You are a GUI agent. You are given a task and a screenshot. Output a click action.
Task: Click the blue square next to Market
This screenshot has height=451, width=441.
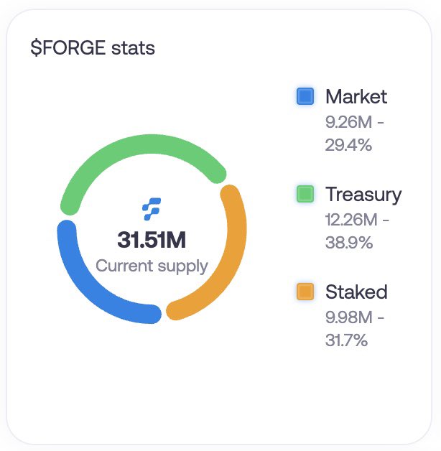point(305,96)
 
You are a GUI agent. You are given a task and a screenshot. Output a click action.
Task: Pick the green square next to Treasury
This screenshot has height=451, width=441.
point(305,194)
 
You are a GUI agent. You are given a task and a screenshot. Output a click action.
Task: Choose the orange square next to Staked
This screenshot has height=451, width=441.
point(305,292)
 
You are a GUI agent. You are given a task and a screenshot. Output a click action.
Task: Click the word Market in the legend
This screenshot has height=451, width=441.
point(356,96)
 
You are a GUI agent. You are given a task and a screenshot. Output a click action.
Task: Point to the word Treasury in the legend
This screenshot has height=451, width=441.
point(363,194)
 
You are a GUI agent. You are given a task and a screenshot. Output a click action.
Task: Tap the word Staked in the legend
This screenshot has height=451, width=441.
point(356,292)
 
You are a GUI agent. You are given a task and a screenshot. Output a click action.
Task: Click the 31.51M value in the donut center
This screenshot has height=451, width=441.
point(152,240)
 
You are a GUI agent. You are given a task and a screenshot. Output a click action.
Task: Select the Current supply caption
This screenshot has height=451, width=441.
point(152,266)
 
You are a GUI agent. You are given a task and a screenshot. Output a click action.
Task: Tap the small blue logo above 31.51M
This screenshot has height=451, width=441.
point(152,208)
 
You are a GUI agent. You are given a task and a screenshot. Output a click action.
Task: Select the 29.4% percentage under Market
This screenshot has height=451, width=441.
point(348,144)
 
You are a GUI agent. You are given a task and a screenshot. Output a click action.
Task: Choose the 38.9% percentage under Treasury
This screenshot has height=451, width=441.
point(349,242)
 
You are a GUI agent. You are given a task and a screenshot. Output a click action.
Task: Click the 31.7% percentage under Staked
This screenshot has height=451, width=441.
point(347,340)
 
